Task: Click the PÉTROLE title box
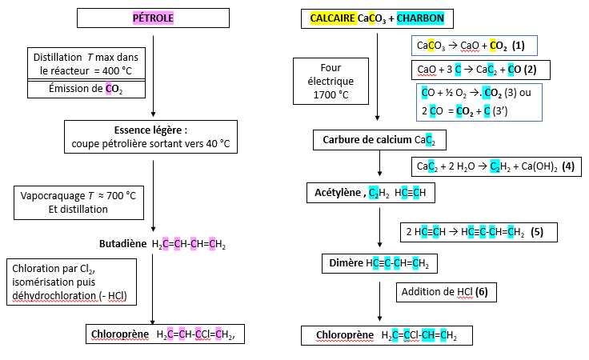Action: (x=152, y=18)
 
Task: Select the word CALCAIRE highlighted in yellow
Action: (x=333, y=18)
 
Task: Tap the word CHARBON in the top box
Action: (x=420, y=18)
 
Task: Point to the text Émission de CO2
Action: (x=86, y=89)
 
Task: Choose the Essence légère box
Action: (x=151, y=137)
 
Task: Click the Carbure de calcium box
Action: (x=379, y=141)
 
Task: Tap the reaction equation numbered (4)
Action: (x=495, y=167)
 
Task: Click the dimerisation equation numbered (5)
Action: (x=478, y=232)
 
